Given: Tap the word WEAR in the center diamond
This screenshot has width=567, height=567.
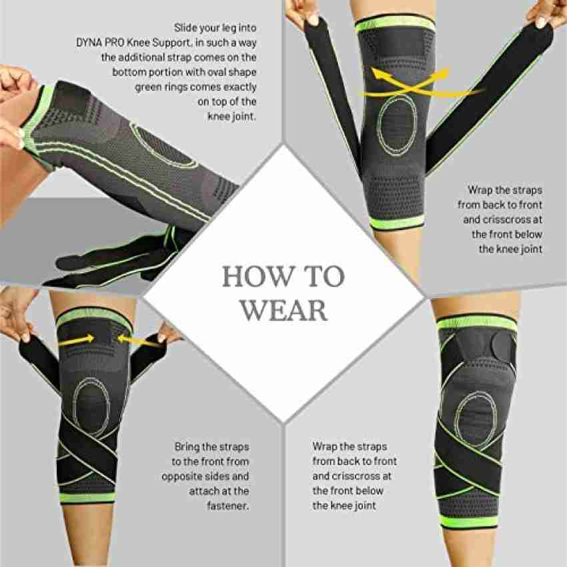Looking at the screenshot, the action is click(284, 310).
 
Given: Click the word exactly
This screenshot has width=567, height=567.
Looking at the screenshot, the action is click(239, 87).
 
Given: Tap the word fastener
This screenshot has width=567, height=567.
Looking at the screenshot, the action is click(228, 506).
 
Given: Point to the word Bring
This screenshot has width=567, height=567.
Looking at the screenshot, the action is click(187, 448).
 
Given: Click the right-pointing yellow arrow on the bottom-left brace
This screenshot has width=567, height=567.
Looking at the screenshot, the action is click(77, 340).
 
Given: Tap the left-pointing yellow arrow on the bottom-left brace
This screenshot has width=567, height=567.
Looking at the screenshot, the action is click(137, 340).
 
